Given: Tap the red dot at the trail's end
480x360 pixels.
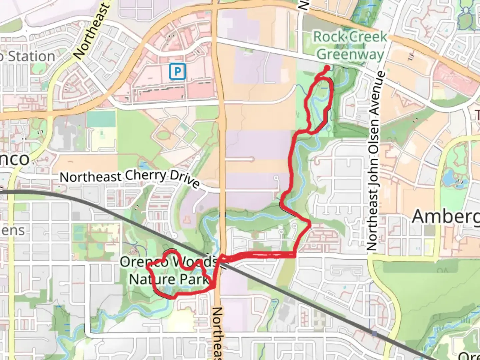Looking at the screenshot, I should click(x=327, y=68).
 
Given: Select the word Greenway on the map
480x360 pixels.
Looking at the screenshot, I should click(x=350, y=54).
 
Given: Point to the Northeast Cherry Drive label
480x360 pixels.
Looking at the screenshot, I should click(x=130, y=178).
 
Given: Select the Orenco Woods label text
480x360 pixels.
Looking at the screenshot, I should click(x=168, y=262).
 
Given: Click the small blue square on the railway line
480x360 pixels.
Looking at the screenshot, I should click(x=374, y=333).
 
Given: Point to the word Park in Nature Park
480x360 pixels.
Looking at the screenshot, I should click(x=193, y=279).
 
